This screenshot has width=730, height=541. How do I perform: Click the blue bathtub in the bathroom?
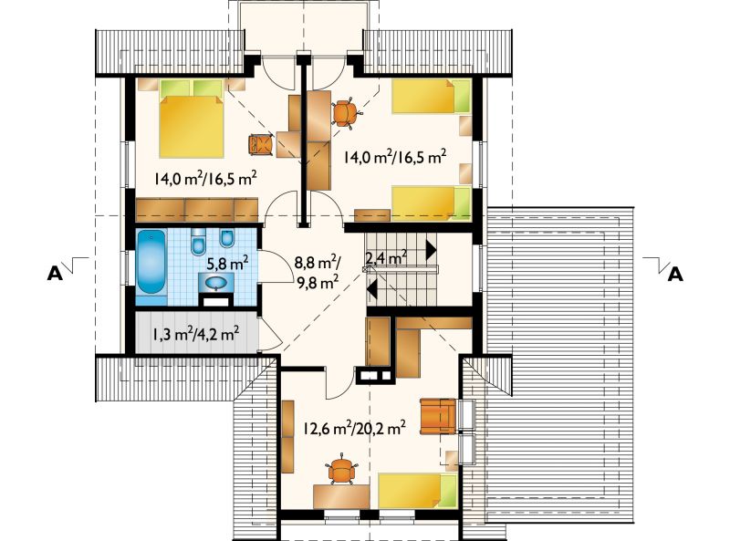[151, 262]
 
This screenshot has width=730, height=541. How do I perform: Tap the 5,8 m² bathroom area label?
[227, 264]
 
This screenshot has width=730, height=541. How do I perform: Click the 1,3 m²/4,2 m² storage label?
[194, 333]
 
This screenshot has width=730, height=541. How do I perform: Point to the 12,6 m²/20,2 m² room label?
[354, 427]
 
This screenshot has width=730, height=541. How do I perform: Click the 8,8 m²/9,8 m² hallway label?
[317, 273]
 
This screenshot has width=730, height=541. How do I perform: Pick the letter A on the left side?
[55, 275]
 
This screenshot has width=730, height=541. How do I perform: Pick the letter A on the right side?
[675, 275]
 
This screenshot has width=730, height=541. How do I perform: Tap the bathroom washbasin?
[215, 283]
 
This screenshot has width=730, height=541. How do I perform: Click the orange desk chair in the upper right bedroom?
[346, 113]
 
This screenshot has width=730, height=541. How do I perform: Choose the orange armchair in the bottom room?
[438, 416]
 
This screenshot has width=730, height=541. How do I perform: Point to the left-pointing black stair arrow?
[372, 288]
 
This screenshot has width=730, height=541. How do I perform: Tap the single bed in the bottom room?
[418, 491]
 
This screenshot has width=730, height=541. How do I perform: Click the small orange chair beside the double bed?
[261, 144]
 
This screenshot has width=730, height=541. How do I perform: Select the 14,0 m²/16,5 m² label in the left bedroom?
[206, 178]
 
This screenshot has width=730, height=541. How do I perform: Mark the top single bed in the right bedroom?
[432, 97]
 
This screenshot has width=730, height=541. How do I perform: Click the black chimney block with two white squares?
[375, 376]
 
